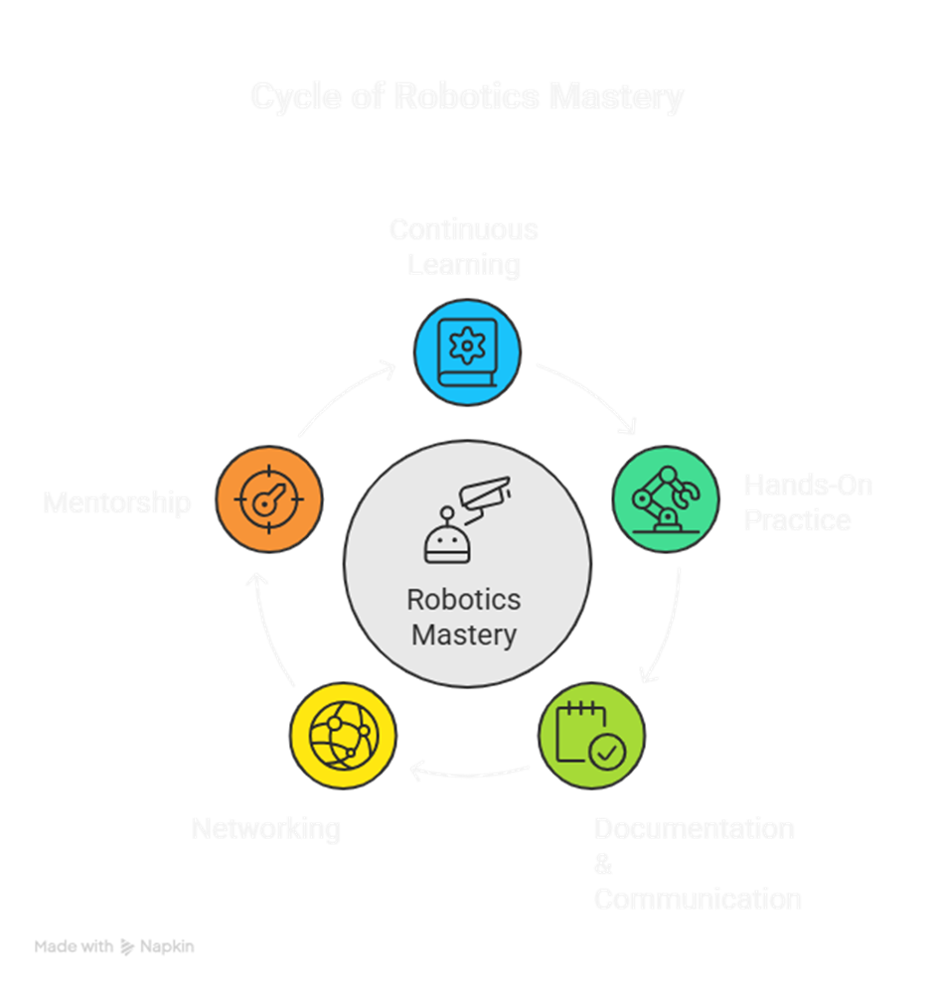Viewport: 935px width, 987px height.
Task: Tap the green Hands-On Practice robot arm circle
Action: click(665, 499)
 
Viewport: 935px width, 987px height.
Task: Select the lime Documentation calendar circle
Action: click(590, 736)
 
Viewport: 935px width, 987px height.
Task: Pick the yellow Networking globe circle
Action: click(343, 736)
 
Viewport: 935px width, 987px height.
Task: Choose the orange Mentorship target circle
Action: click(269, 499)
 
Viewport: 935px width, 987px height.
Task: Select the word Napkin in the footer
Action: click(167, 947)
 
